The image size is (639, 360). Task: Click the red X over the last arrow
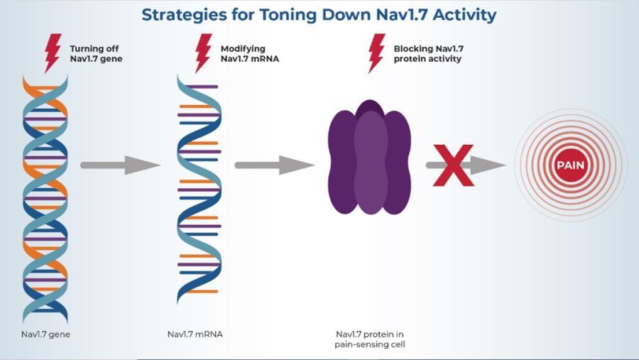[453, 165]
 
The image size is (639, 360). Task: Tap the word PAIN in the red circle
[570, 165]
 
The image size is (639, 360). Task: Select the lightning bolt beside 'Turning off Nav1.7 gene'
[53, 53]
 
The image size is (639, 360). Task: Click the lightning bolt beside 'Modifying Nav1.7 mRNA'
[203, 53]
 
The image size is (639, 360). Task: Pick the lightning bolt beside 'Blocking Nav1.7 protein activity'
[376, 53]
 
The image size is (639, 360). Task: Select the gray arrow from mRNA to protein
[274, 165]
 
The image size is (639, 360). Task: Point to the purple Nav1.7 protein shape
[369, 158]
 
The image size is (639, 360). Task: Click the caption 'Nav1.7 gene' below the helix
[45, 334]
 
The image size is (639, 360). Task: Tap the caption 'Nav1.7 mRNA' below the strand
[195, 334]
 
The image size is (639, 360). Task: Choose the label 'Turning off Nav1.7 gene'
[96, 53]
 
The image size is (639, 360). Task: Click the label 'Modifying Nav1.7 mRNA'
[244, 53]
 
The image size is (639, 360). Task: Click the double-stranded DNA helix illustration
[45, 199]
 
